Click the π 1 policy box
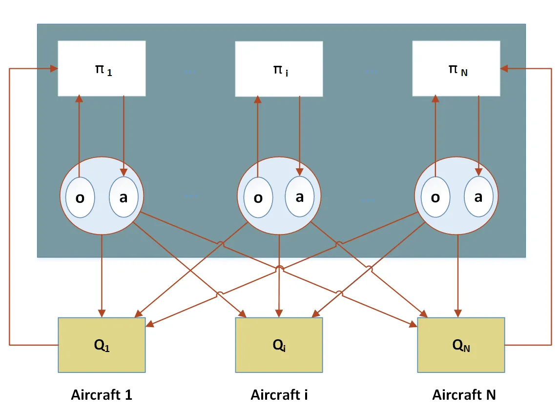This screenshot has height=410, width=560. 102,68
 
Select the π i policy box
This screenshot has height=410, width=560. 279,69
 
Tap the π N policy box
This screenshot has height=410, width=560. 456,68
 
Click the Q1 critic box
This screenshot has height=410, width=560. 102,345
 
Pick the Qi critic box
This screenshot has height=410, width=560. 279,345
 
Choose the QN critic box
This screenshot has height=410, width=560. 461,345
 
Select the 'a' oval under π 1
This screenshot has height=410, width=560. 123,196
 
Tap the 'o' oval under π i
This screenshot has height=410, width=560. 258,198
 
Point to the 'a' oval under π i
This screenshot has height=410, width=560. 300,196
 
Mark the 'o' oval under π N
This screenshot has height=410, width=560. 436,198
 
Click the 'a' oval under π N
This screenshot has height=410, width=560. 478,196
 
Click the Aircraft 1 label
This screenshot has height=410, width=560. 102,395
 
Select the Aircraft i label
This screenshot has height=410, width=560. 279,395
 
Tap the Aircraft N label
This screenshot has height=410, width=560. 464,395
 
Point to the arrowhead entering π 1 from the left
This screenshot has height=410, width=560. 54,69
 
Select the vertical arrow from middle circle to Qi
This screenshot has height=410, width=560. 279,273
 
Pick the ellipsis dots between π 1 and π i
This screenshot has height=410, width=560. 190,72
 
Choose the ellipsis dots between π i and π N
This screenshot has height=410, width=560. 371,72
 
